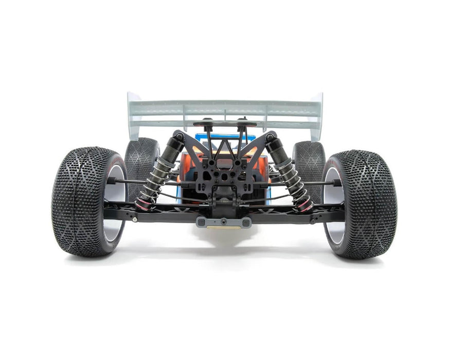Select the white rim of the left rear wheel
(x=116, y=206)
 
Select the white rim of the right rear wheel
(x=333, y=206)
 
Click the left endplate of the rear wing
(x=134, y=116)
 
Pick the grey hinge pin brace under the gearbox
(x=223, y=222)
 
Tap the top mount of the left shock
(x=178, y=136)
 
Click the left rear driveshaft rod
(x=129, y=182)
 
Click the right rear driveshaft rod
(x=320, y=183)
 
